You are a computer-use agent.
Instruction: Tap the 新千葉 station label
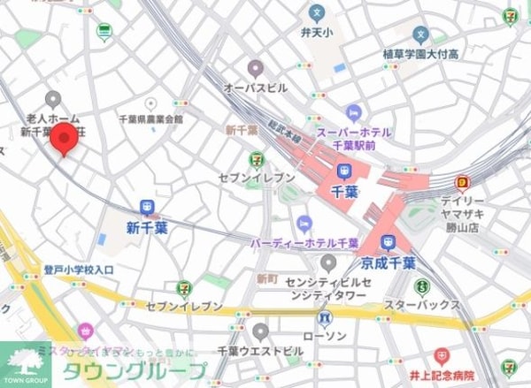tap(147, 227)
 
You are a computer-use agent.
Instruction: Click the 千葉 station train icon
tap(344, 171)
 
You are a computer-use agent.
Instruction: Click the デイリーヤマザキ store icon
tap(461, 184)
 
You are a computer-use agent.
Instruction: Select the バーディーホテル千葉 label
tap(304, 242)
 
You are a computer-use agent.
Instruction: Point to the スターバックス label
tap(423, 305)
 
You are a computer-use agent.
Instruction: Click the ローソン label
tap(325, 337)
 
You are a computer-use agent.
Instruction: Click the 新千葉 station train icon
tap(147, 209)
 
